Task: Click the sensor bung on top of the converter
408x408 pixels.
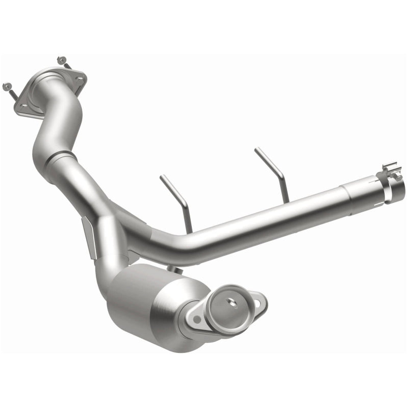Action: pos(176,269)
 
